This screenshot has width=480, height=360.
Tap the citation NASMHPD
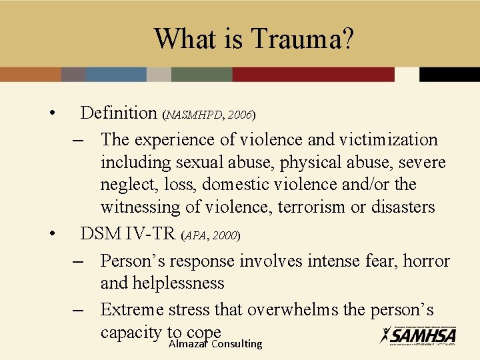click(195, 115)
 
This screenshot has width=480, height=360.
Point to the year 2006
click(239, 115)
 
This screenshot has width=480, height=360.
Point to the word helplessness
click(162, 283)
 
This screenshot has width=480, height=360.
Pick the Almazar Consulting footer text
click(215, 344)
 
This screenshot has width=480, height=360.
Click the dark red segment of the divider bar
click(313, 74)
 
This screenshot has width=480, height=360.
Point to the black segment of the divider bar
click(449, 74)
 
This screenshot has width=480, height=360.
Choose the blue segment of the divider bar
click(116, 74)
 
